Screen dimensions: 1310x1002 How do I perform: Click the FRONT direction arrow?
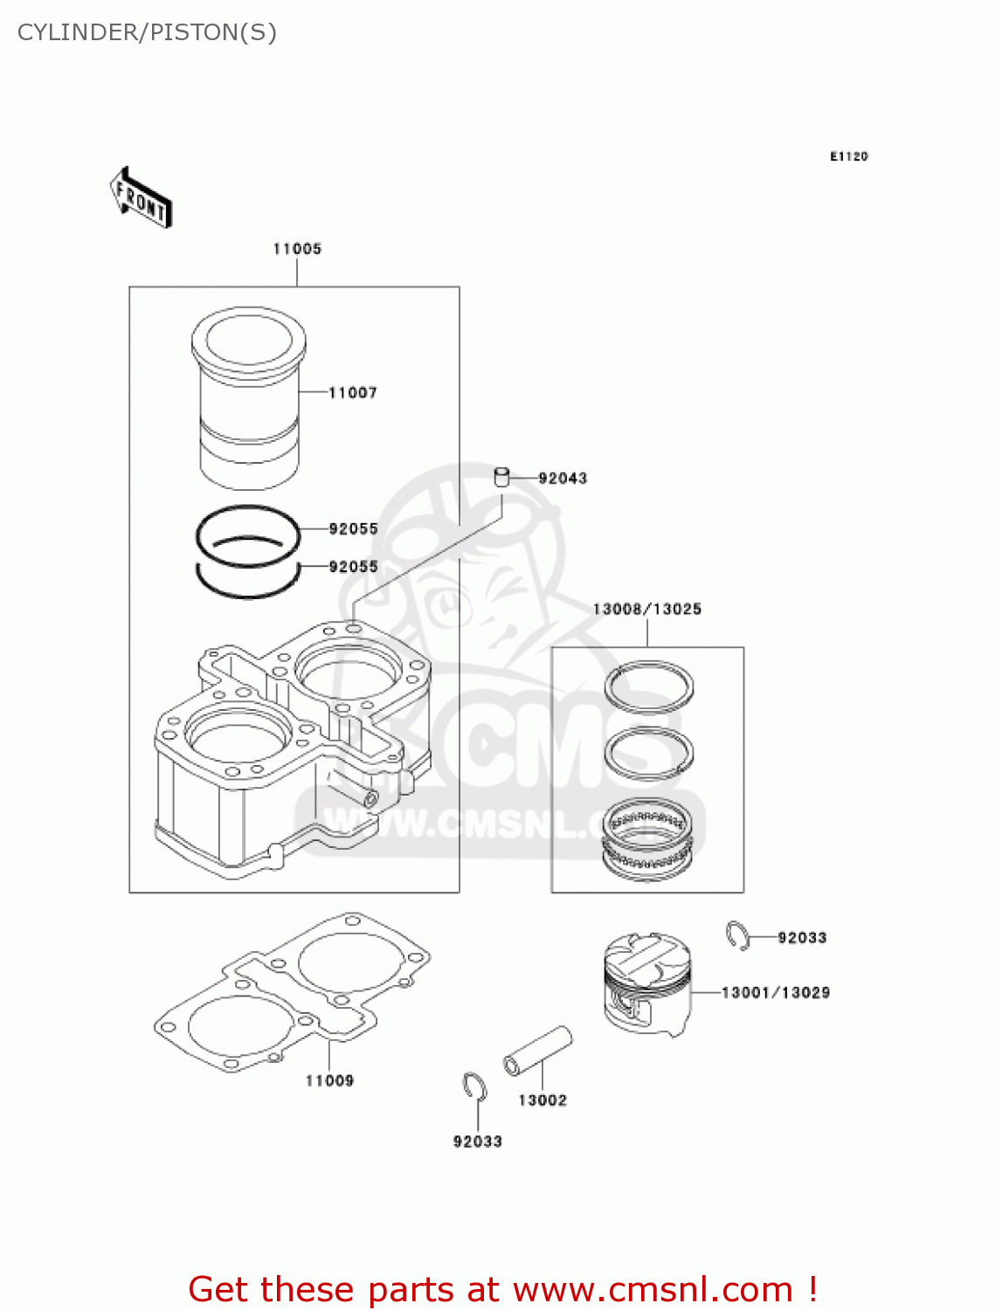tap(140, 198)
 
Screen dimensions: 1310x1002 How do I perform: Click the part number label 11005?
tap(297, 249)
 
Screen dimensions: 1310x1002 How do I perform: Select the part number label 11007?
tap(353, 393)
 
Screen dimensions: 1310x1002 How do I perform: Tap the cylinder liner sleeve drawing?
tap(249, 397)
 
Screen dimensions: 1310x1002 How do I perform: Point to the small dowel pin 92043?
tap(501, 477)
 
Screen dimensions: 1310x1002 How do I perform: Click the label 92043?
tap(563, 479)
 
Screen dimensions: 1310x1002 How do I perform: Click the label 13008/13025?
tap(646, 609)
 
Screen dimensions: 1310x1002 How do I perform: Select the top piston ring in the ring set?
tap(649, 686)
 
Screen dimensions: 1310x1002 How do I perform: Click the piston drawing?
tap(646, 982)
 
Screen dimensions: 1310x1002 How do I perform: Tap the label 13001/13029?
tap(775, 993)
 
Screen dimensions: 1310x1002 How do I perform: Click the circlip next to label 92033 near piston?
tap(737, 935)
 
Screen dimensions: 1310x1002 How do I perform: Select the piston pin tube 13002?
tap(537, 1051)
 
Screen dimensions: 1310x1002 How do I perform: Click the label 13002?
tap(542, 1100)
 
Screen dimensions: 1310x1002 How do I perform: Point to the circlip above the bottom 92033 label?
tap(474, 1086)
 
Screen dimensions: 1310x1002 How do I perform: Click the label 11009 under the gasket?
tap(329, 1080)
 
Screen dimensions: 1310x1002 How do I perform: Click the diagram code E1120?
tap(848, 156)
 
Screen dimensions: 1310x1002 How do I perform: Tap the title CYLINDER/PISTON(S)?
tap(147, 32)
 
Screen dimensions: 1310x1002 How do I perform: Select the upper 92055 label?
tap(353, 529)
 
